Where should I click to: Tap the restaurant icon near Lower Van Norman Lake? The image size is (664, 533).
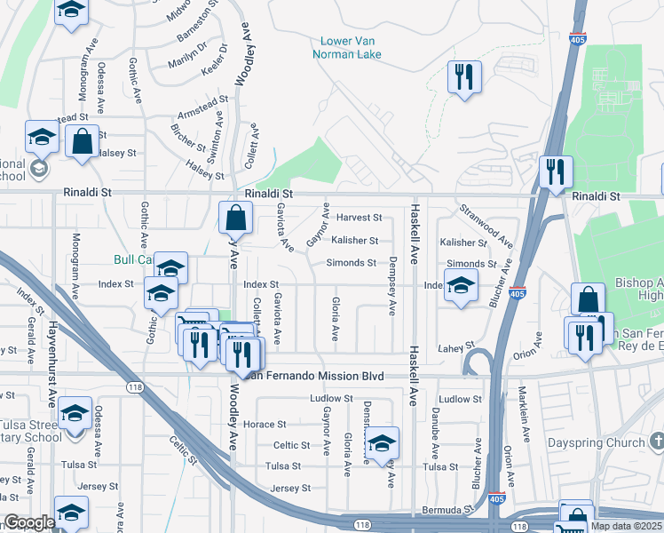463,78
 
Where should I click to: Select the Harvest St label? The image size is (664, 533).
359,218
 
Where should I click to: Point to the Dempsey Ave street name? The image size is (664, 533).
391,287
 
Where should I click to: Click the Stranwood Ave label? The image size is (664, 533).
486,226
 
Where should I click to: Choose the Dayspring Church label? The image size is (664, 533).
609,441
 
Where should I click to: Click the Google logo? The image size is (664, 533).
29,522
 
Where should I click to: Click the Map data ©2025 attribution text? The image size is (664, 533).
626,526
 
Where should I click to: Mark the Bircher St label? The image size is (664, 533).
188,138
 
